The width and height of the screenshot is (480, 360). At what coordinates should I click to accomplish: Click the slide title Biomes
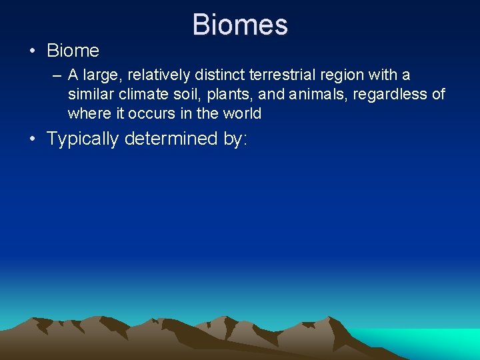(240, 25)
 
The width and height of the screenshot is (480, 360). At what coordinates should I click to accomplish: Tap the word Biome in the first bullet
(73, 51)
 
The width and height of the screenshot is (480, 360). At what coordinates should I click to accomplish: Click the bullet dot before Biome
(32, 51)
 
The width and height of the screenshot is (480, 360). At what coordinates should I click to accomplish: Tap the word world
(242, 113)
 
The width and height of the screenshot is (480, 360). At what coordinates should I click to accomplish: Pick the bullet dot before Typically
(32, 139)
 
